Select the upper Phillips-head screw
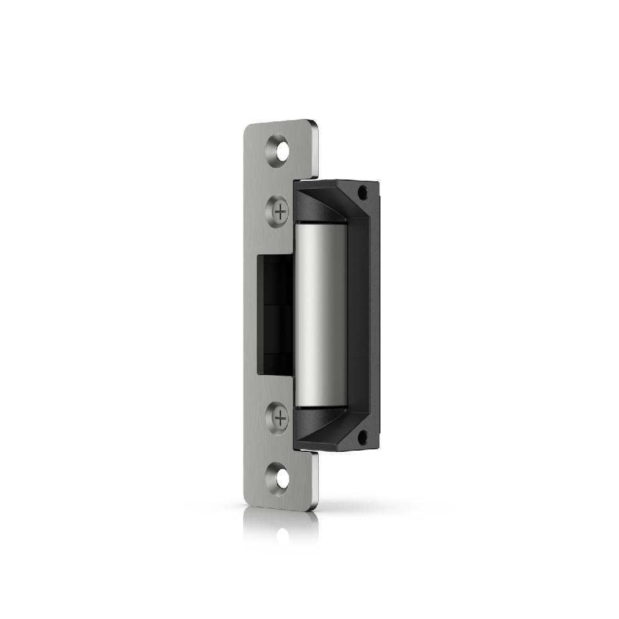pos(280,212)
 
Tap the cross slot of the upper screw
pos(280,212)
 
